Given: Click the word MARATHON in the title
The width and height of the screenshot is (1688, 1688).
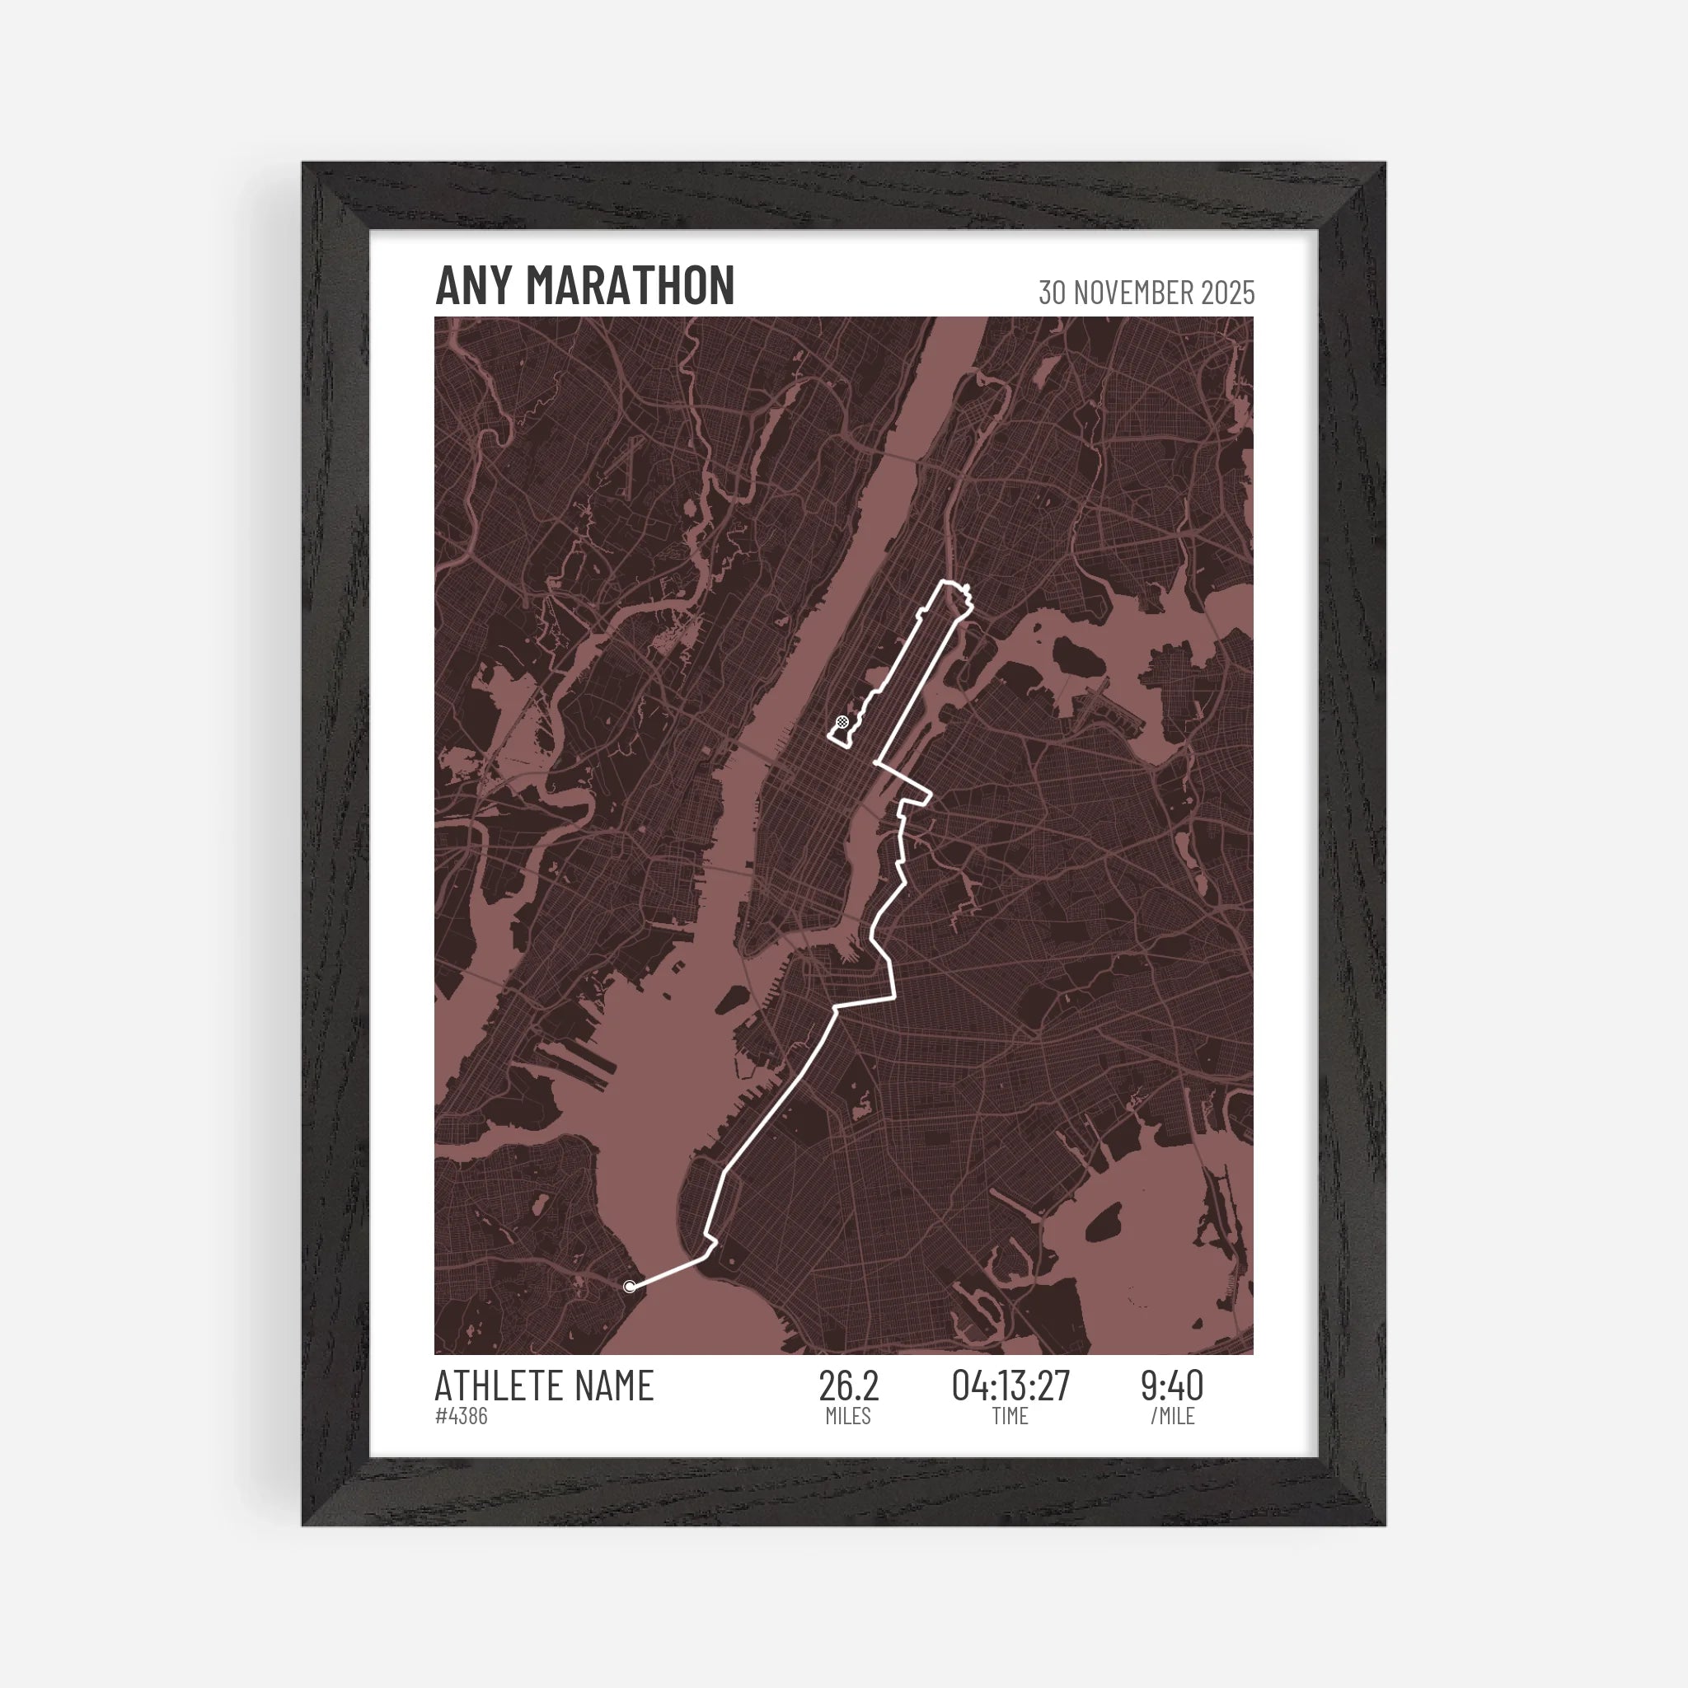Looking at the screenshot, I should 630,286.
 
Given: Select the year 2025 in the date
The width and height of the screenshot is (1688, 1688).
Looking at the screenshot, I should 1227,293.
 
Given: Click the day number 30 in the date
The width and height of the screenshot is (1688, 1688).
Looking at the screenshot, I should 1053,293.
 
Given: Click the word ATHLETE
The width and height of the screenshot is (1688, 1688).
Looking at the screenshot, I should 498,1386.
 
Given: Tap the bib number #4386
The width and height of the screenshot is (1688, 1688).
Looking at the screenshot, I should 462,1416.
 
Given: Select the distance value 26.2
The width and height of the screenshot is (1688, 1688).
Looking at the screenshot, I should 848,1386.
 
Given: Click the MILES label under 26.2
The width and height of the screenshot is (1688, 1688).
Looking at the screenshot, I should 848,1416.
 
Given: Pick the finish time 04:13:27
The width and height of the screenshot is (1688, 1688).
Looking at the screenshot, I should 1010,1386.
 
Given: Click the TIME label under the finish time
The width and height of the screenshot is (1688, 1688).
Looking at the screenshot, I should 1010,1416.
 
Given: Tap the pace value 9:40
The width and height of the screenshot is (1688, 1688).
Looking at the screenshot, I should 1172,1386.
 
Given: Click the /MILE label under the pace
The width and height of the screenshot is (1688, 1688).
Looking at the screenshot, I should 1172,1416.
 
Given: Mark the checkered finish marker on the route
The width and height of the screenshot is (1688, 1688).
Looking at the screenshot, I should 842,722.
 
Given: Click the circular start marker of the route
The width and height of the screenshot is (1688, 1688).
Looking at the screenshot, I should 630,1287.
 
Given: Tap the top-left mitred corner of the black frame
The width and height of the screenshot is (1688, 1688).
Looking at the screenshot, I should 336,197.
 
